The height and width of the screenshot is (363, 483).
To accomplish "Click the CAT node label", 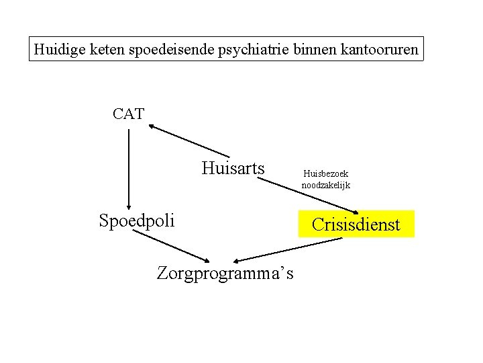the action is tap(128, 114).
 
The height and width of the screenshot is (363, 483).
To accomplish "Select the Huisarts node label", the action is tap(233, 167).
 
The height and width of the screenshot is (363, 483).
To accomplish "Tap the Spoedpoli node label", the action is tap(136, 220).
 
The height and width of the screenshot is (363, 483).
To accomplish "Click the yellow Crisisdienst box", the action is tap(356, 224).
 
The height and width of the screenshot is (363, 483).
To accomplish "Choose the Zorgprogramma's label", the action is tap(225, 273).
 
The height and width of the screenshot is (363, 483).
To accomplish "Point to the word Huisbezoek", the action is tap(325, 173).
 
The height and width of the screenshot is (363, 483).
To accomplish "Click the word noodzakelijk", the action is tap(325, 185).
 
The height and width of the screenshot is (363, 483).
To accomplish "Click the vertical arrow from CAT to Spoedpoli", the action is tap(128, 168).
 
